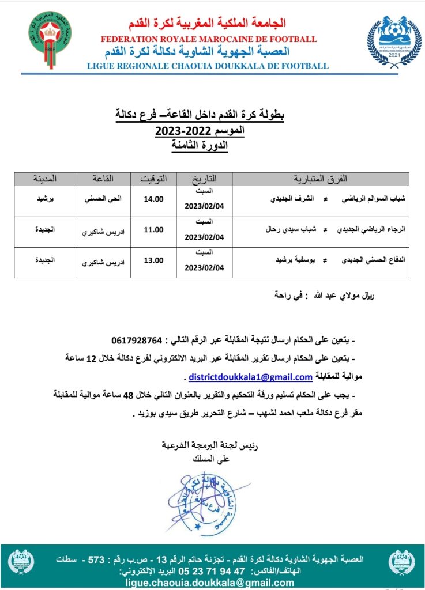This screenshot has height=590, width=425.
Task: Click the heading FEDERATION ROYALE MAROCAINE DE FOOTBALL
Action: point(208,39)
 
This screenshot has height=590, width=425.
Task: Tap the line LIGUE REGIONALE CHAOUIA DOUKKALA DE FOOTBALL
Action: point(208,66)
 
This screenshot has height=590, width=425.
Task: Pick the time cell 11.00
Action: point(153,230)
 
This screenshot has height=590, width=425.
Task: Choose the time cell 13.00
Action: point(153,260)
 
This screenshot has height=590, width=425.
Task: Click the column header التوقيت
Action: point(153,179)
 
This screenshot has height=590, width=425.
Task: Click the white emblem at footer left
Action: point(21,562)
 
